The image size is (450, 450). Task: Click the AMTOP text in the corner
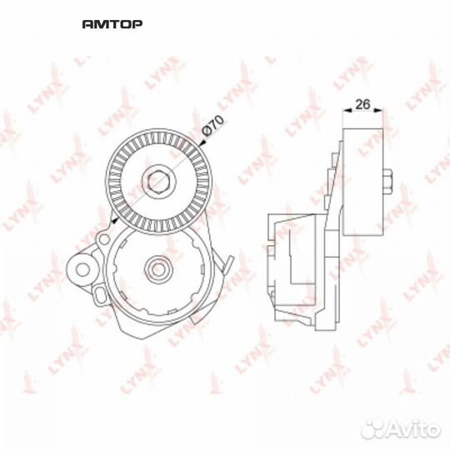(112, 24)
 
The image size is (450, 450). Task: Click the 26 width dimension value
(362, 106)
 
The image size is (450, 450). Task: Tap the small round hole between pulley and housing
(103, 240)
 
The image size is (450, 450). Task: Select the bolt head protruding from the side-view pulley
(388, 178)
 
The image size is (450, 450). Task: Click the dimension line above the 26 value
(362, 115)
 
